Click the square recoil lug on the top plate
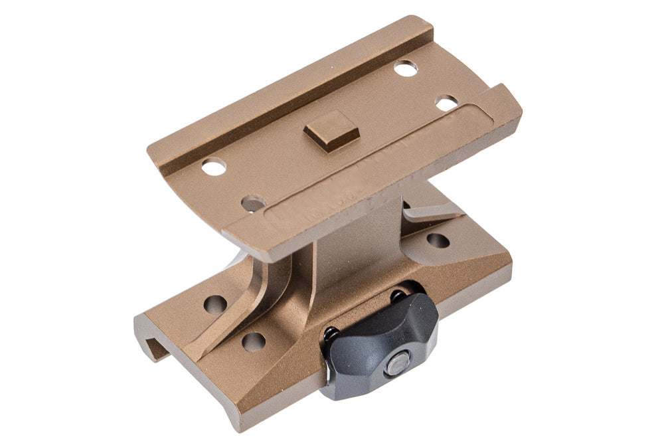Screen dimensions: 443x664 click(331, 130)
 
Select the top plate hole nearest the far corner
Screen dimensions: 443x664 click(405, 67)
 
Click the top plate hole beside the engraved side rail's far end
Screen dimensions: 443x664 click(446, 103)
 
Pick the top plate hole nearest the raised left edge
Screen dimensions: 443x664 click(214, 167)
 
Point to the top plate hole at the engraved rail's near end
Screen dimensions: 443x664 click(252, 203)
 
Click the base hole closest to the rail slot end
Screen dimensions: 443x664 click(215, 304)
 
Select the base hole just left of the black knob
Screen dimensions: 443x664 click(254, 341)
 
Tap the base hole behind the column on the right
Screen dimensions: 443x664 click(438, 240)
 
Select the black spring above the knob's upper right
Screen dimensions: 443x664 click(399, 294)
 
